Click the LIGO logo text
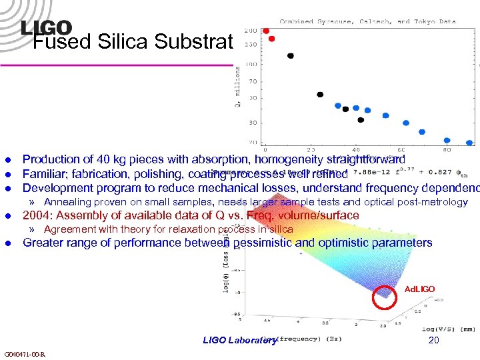[x=46, y=27]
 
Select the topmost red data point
[x=266, y=31]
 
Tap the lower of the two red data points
[x=271, y=39]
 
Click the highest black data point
[x=290, y=55]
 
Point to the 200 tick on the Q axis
[x=251, y=31]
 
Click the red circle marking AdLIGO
[x=385, y=298]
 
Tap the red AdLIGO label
[x=420, y=289]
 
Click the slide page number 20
[x=434, y=340]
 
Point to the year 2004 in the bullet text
[x=36, y=215]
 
